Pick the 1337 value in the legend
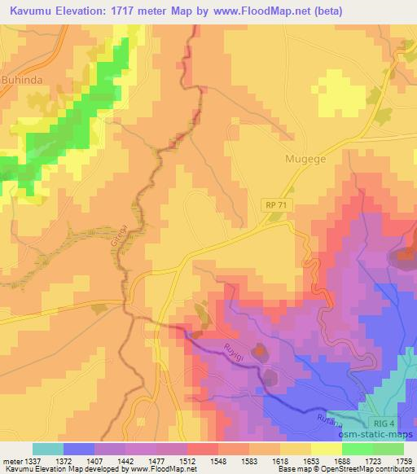(39, 461)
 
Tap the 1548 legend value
(218, 461)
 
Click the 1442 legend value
(127, 461)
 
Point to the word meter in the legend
(14, 461)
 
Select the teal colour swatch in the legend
(48, 449)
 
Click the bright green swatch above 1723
(358, 449)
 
